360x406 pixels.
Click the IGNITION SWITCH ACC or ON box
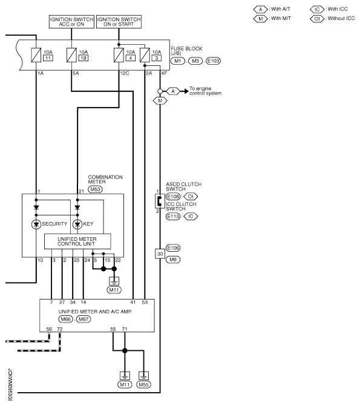click(71, 22)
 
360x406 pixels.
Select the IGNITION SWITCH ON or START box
click(119, 22)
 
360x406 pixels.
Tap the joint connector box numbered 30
click(160, 253)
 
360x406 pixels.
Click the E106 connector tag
click(173, 247)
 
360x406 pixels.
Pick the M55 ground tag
click(143, 384)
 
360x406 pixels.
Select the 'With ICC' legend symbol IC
click(319, 10)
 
